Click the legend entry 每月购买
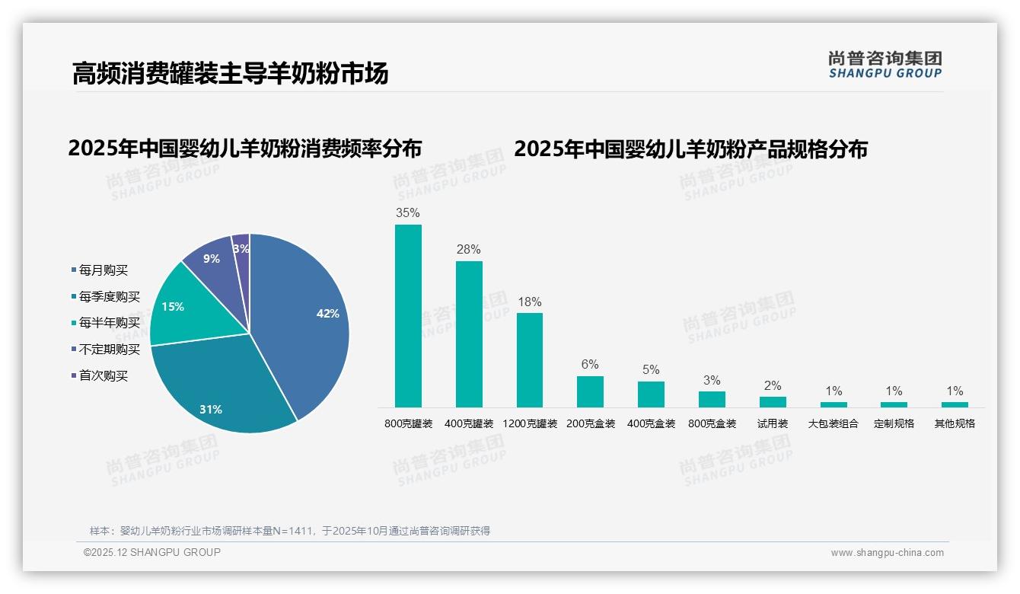(104, 270)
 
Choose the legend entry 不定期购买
(110, 350)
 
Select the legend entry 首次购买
(104, 376)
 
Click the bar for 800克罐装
(408, 316)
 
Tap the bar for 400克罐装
(469, 334)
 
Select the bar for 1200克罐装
(530, 360)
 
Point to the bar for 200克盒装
(590, 391)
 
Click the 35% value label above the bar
(408, 213)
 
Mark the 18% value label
(530, 302)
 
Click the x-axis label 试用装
(773, 423)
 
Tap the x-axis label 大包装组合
(833, 423)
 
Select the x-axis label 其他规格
(955, 423)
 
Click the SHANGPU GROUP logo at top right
(885, 65)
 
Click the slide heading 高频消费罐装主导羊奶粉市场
(230, 73)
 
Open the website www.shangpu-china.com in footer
(887, 553)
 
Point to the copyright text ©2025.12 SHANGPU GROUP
(152, 553)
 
